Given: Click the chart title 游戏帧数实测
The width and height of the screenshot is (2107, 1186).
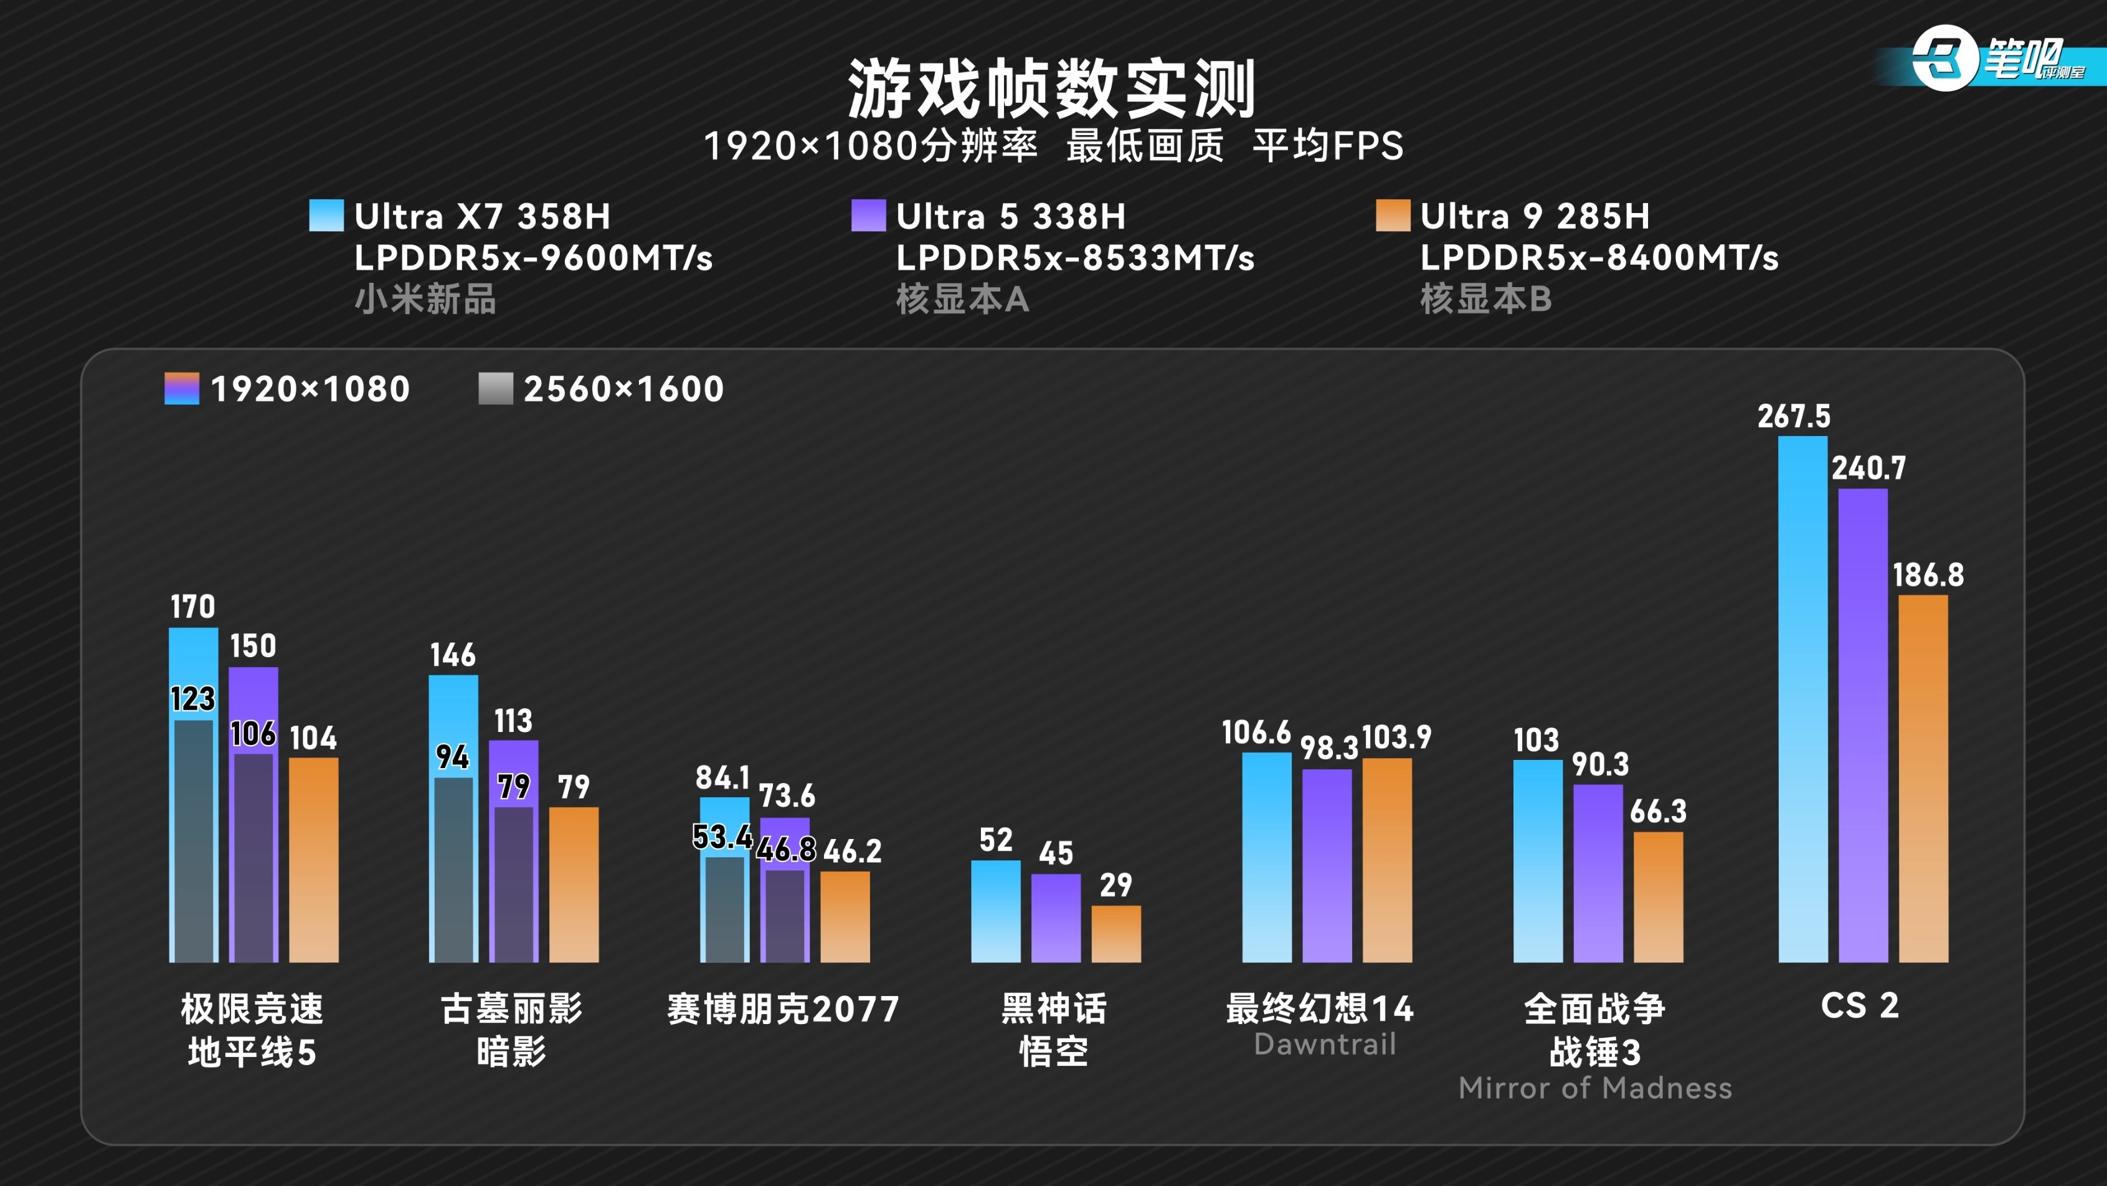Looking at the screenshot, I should [x=1052, y=88].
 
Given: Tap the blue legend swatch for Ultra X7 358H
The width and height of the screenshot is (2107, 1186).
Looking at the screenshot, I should [x=326, y=216].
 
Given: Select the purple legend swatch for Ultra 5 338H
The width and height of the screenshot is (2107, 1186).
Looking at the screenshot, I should [x=868, y=216].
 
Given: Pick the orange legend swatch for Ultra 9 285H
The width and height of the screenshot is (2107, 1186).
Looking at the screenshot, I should [x=1392, y=216].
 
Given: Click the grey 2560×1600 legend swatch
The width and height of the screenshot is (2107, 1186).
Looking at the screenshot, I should [x=495, y=389].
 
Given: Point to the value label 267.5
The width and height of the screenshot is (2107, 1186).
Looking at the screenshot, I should [x=1794, y=416].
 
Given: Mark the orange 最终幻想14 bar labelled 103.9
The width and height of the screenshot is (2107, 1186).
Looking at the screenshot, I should [x=1386, y=859].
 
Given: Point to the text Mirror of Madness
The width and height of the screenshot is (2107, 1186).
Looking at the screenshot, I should [x=1595, y=1088].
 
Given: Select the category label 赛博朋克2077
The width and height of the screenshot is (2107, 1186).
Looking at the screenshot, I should [x=783, y=1008].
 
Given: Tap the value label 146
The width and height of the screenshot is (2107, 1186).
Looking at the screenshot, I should [x=452, y=654].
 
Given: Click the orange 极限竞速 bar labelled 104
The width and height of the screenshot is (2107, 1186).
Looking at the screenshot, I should [x=313, y=859].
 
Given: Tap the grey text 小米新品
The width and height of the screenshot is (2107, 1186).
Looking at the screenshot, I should [x=425, y=300].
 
